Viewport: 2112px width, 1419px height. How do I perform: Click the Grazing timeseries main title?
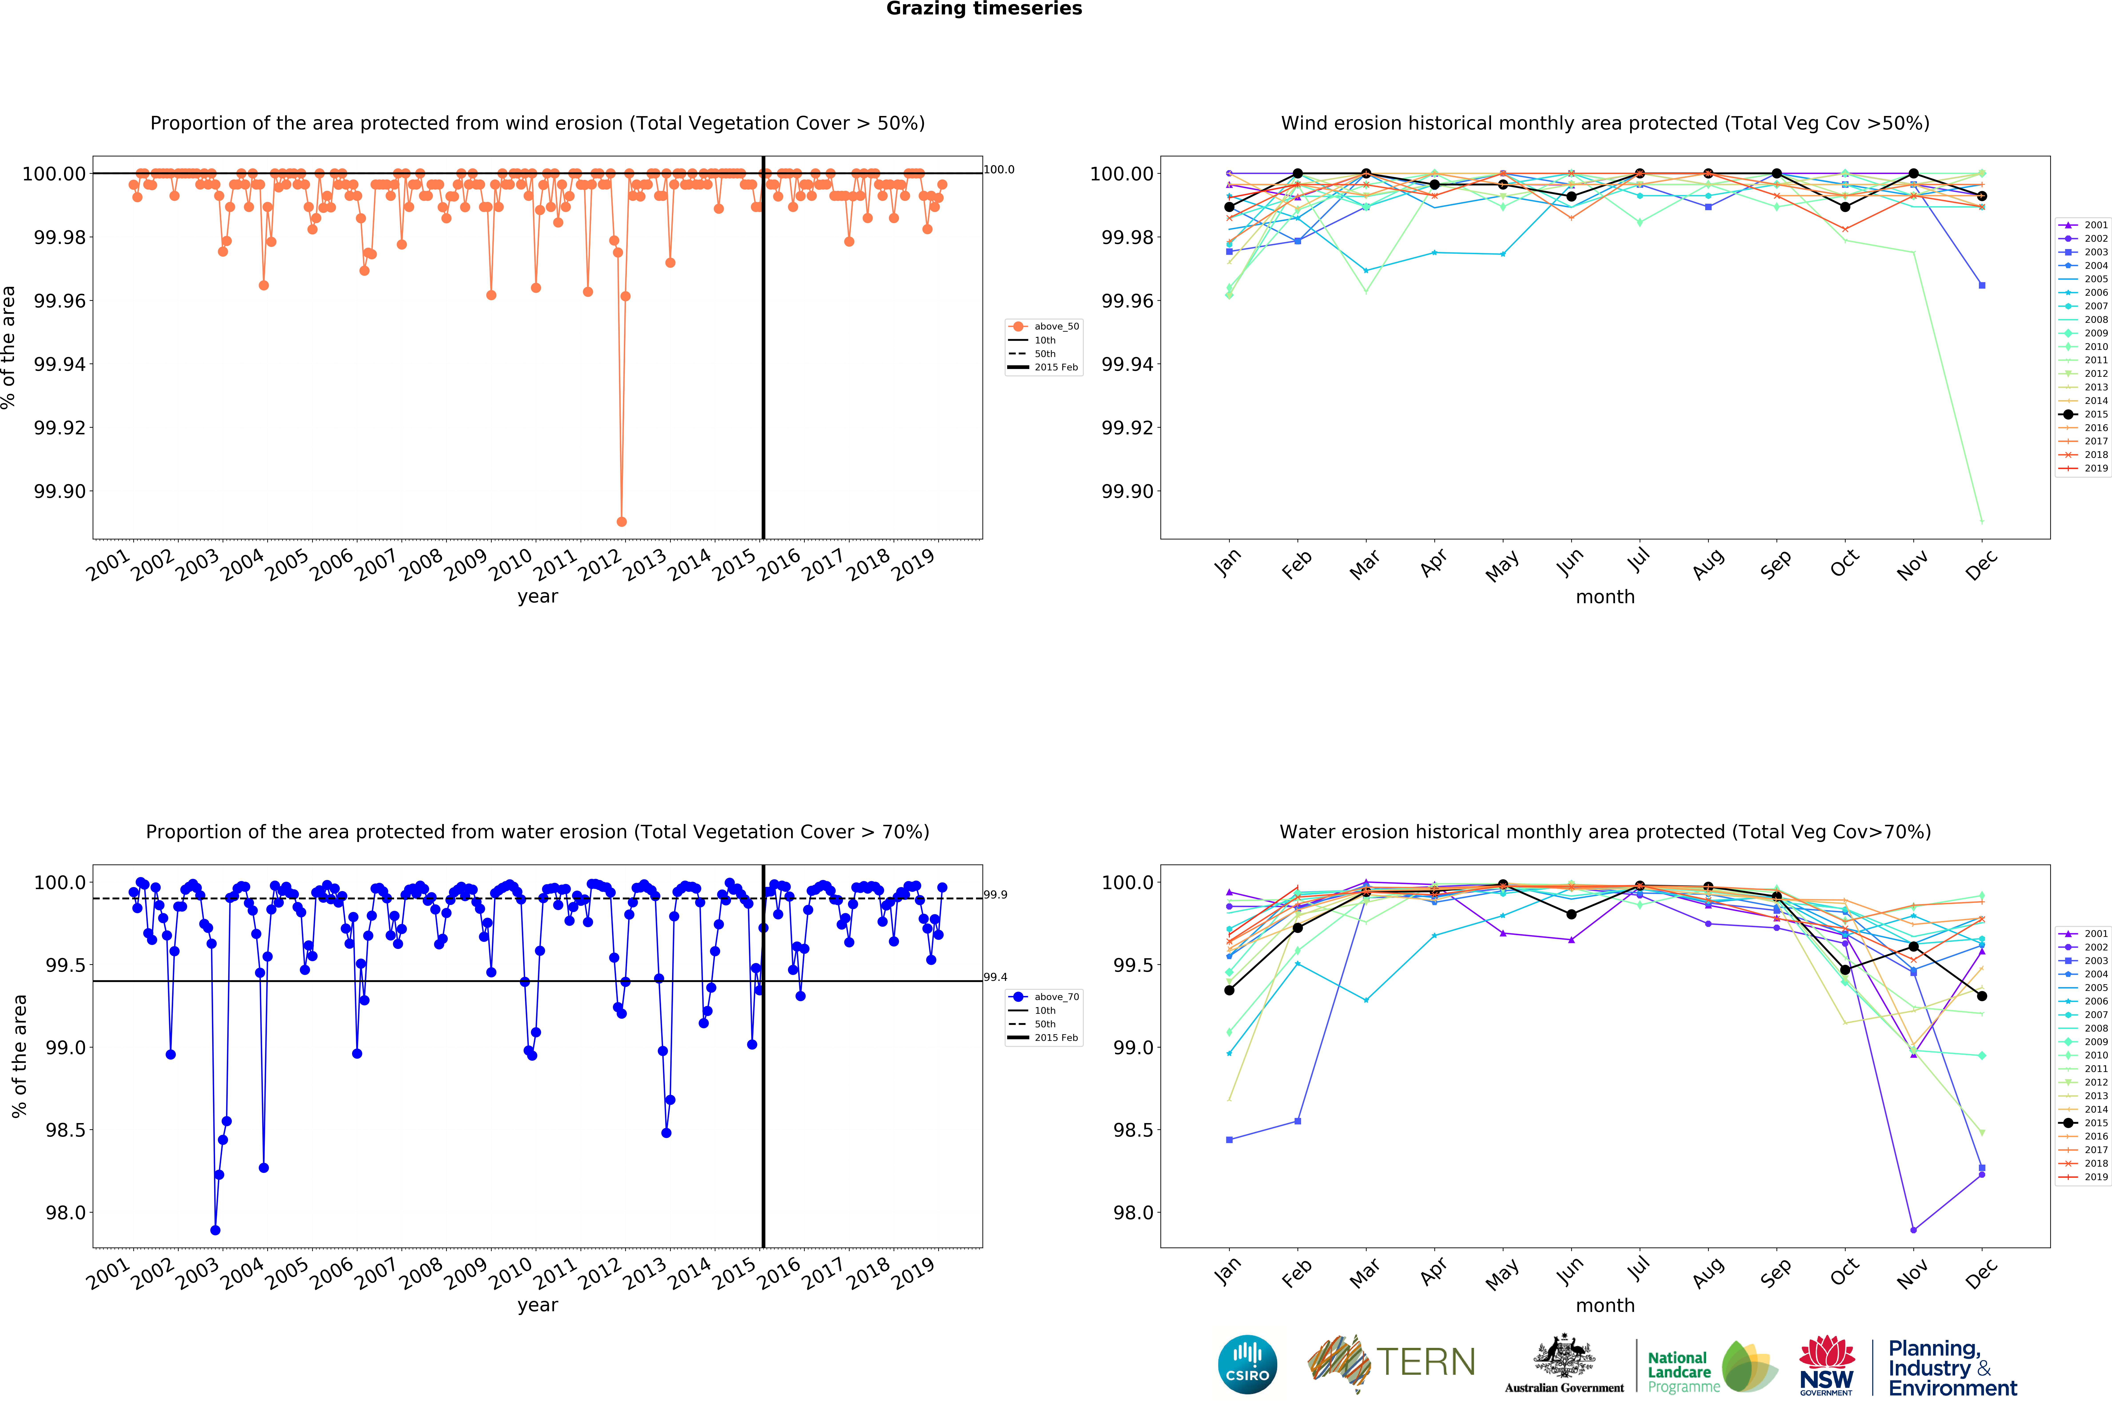(984, 9)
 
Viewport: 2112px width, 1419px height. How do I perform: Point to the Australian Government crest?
(1564, 1357)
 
